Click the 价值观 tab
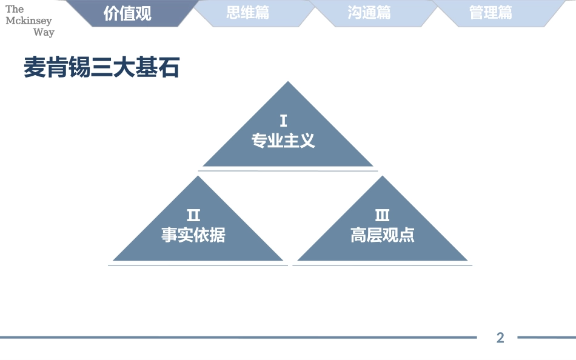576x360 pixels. [127, 13]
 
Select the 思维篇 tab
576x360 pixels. [248, 13]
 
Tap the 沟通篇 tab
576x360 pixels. [369, 13]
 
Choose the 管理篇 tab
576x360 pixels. [491, 13]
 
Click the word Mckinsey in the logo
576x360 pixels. [28, 21]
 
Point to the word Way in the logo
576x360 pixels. [44, 32]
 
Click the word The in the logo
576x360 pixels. [15, 9]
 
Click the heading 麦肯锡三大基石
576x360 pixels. [102, 67]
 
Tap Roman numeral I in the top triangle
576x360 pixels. [283, 121]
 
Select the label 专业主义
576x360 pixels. [283, 141]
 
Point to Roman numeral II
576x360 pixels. [193, 215]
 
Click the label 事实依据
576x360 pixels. [193, 235]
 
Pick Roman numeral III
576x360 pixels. [382, 215]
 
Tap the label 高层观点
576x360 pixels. [382, 235]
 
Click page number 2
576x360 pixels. [500, 338]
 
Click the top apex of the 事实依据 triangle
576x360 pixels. [198, 177]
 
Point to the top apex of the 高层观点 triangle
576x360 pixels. [383, 177]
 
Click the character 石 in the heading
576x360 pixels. [169, 67]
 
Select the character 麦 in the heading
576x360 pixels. [35, 67]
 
